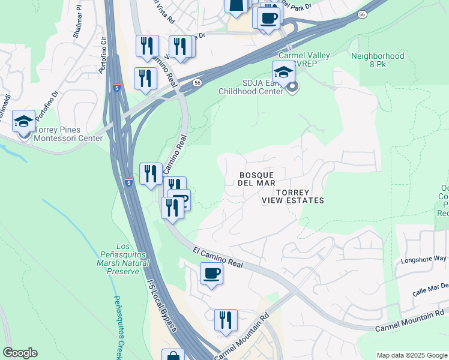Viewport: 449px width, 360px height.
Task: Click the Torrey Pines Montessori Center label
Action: [x=68, y=134]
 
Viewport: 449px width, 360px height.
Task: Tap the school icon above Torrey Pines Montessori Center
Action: [x=23, y=122]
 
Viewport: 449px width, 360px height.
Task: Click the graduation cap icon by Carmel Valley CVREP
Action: [x=284, y=73]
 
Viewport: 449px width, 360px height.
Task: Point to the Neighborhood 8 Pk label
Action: [x=378, y=61]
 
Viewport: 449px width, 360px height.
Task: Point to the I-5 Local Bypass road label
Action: [x=162, y=303]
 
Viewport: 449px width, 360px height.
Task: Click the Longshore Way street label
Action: [x=424, y=259]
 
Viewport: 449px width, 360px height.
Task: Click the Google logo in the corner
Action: [x=20, y=353]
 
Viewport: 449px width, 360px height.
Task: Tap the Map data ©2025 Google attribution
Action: [x=411, y=355]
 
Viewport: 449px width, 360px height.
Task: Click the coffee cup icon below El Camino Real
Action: [x=211, y=274]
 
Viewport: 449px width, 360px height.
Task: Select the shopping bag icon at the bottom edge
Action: [x=173, y=355]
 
